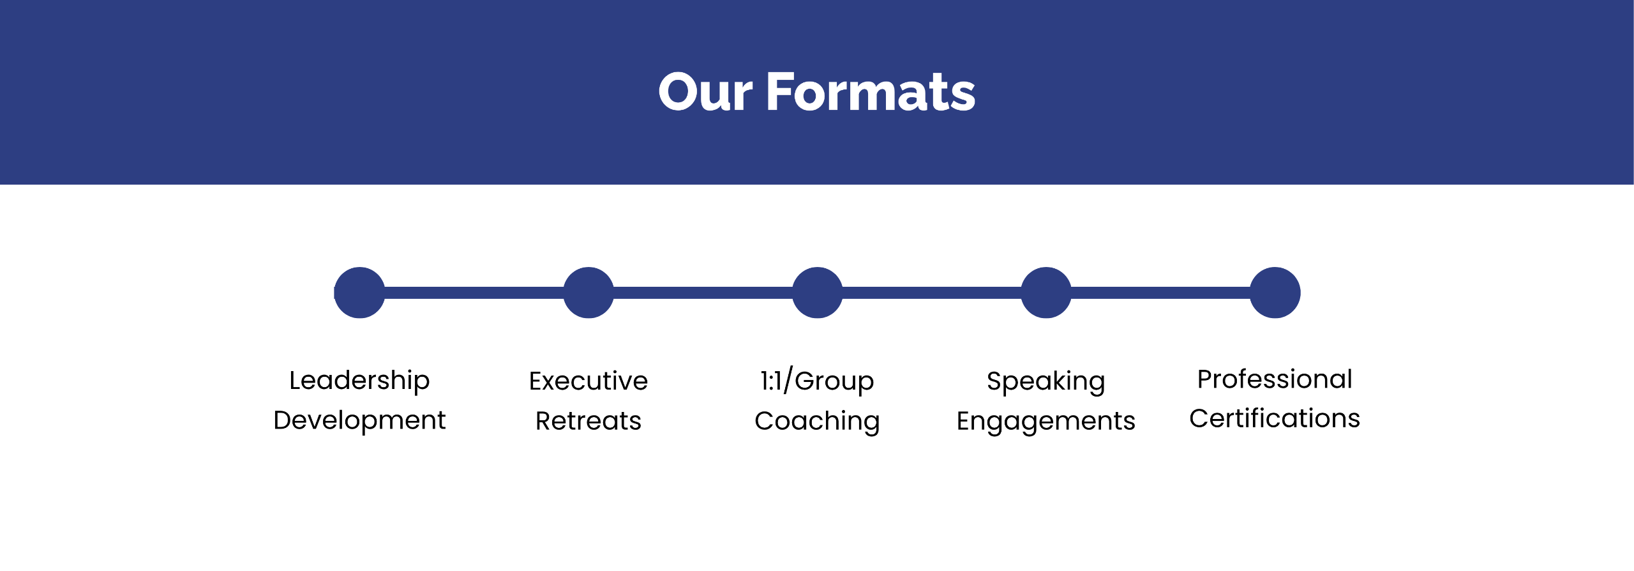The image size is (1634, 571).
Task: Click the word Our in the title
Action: [x=705, y=93]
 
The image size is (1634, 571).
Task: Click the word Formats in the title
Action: [x=871, y=93]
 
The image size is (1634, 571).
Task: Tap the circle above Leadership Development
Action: [x=359, y=293]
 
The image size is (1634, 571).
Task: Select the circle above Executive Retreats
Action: [x=588, y=293]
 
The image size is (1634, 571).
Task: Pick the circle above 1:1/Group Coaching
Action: [x=817, y=293]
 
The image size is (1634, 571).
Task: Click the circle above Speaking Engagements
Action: [x=1046, y=293]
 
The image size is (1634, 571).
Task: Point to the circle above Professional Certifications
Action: [x=1275, y=293]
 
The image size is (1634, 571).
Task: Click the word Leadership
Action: [x=359, y=381]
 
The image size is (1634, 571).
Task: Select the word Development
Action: [x=359, y=420]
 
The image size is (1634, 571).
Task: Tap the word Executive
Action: [x=588, y=381]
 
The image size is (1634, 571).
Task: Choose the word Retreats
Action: [x=588, y=421]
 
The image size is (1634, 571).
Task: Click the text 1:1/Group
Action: [x=817, y=381]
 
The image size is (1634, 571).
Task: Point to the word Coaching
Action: [x=817, y=422]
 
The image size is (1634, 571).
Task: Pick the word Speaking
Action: [x=1046, y=382]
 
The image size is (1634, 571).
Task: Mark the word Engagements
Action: [x=1046, y=422]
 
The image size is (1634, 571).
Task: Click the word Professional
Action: [x=1275, y=379]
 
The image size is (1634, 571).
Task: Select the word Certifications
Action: [x=1275, y=418]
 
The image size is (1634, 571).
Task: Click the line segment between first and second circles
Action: [x=474, y=293]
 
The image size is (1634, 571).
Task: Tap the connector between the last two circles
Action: [x=1160, y=293]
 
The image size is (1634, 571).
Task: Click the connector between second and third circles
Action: [x=703, y=293]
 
